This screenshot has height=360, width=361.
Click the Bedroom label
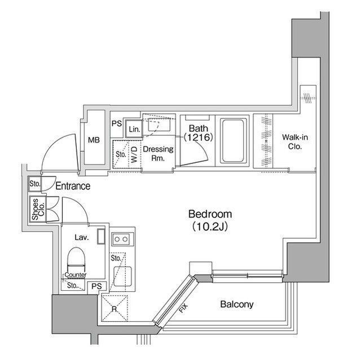210,214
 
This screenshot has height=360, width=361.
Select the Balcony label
236,304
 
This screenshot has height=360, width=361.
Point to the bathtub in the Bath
232,140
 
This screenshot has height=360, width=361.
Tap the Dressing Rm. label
157,154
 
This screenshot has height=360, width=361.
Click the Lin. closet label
134,129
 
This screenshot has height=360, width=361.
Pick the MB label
94,140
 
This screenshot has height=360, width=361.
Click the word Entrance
73,185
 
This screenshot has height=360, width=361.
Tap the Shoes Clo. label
35,210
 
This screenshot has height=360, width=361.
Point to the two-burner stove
120,239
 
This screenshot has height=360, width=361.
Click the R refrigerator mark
114,309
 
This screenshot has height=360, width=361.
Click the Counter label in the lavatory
74,275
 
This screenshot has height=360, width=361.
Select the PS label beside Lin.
117,123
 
